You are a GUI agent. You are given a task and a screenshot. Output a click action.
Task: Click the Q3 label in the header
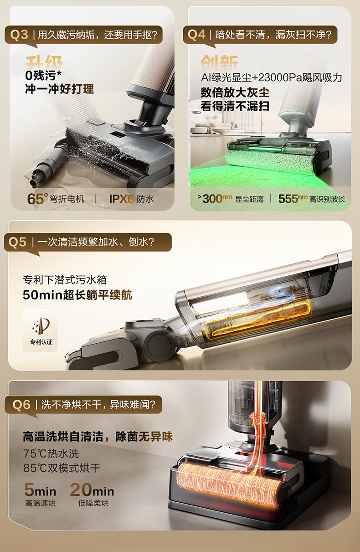click(x=19, y=35)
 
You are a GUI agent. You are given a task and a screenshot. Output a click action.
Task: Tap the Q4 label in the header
click(x=196, y=35)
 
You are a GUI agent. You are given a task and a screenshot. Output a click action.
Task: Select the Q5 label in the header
click(x=17, y=242)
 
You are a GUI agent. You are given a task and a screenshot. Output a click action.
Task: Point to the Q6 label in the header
click(x=21, y=405)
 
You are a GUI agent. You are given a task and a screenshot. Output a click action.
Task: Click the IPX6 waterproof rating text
click(x=122, y=199)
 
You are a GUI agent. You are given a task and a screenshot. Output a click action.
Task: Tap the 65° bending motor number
click(x=37, y=199)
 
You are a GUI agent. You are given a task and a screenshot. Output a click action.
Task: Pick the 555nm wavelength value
click(x=293, y=199)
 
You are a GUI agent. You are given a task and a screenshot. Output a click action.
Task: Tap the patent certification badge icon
click(x=41, y=325)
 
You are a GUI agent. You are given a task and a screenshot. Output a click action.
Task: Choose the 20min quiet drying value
click(x=92, y=490)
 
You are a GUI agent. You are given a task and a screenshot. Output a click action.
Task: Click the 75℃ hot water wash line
click(x=51, y=454)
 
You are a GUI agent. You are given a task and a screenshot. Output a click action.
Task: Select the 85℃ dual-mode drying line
click(x=62, y=468)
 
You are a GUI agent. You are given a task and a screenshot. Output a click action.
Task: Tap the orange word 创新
click(x=219, y=62)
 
